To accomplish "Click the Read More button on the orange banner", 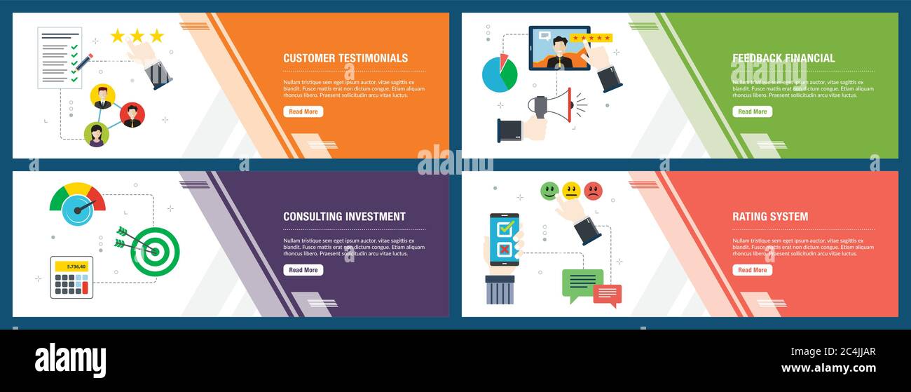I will [x=303, y=111].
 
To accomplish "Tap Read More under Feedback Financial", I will [x=752, y=111].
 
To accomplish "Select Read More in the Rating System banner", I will [x=752, y=270].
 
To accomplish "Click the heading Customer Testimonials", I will [x=345, y=58].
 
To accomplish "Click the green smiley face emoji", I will [x=550, y=191].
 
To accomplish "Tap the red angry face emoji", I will [x=593, y=191].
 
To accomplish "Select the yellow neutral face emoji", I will [x=571, y=191].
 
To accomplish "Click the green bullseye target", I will [x=155, y=251].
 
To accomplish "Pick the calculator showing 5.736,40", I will [x=71, y=277].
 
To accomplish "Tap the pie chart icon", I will [x=499, y=74].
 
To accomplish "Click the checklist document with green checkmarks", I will [x=60, y=58].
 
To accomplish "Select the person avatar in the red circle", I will [x=132, y=114].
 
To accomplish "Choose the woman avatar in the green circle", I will [x=97, y=134].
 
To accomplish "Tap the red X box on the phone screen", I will [x=505, y=250].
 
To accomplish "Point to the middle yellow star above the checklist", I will [x=137, y=36].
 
